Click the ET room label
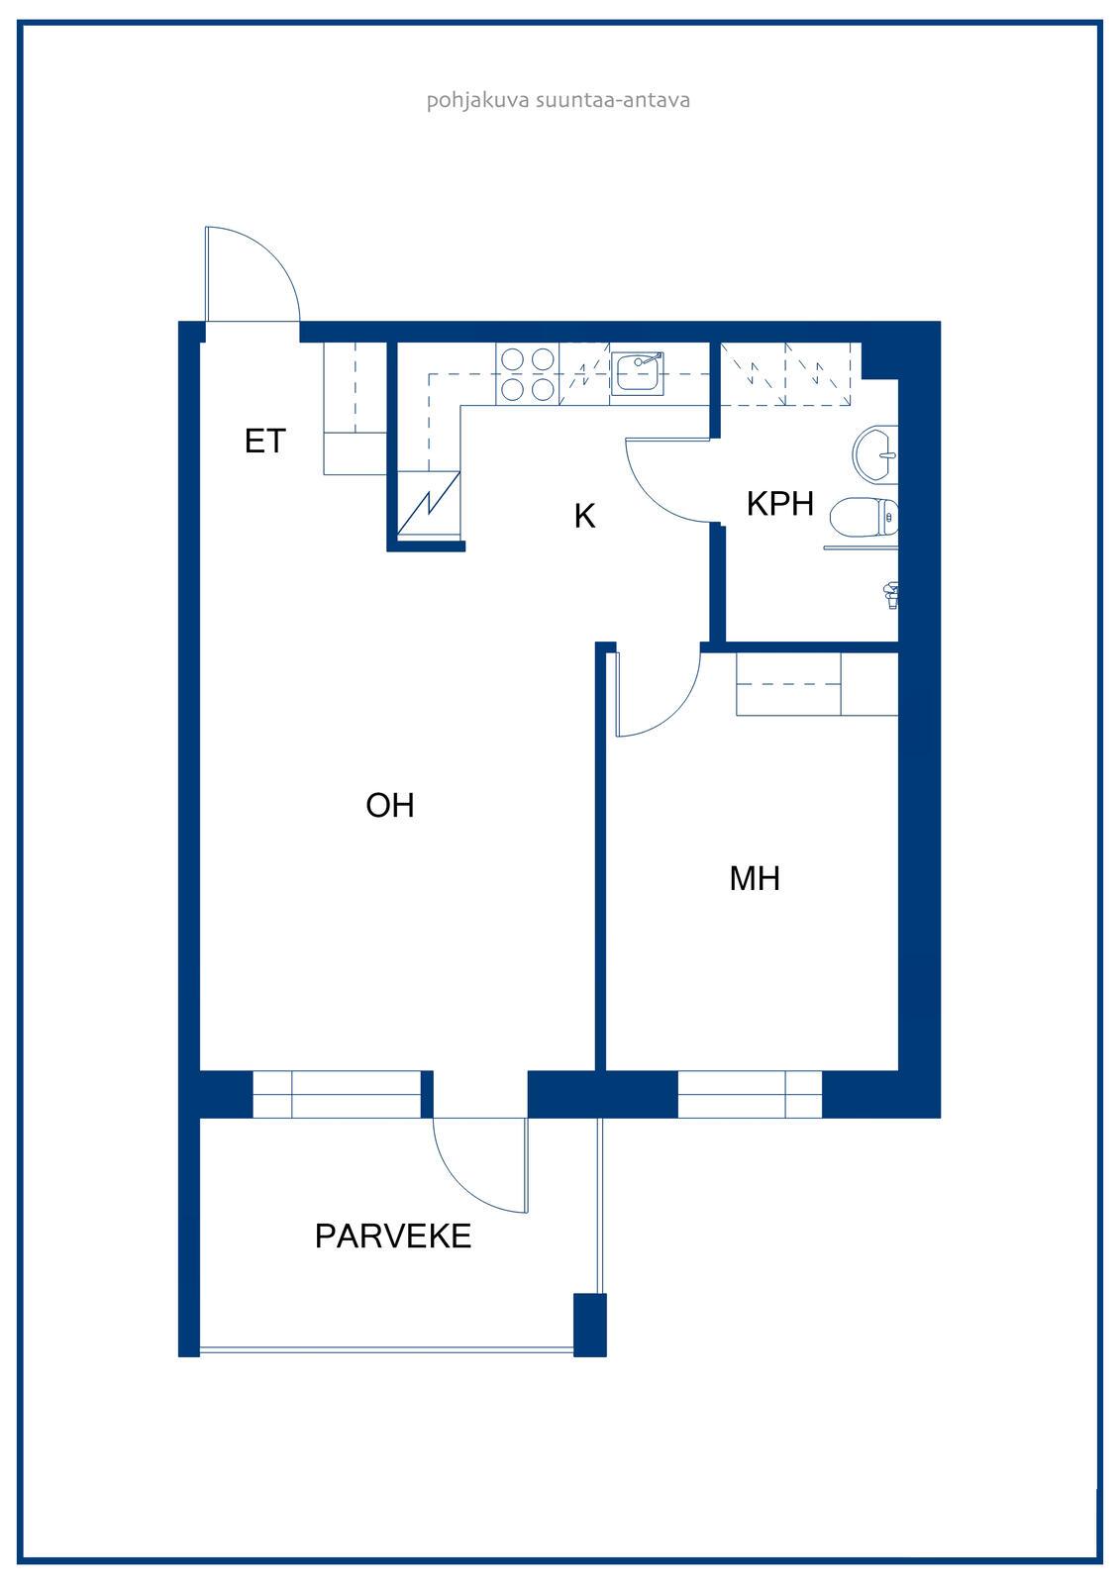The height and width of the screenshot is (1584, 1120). [x=264, y=442]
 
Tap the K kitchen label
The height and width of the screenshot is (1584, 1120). [x=584, y=516]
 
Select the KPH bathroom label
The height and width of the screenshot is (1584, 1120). [x=779, y=504]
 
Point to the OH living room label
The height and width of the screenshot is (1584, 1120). [x=390, y=805]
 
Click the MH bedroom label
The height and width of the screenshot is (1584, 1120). [x=755, y=878]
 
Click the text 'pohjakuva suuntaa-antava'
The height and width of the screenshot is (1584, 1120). [x=558, y=100]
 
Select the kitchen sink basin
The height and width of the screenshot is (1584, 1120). [x=637, y=373]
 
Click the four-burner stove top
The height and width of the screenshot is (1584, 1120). [x=527, y=374]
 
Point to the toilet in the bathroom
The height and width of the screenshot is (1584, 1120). [x=864, y=518]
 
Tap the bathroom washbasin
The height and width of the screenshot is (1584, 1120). [x=875, y=454]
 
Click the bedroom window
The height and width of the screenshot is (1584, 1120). [x=750, y=1095]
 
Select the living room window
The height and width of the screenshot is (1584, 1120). [x=337, y=1095]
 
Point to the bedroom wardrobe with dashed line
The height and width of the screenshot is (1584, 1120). [x=817, y=684]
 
